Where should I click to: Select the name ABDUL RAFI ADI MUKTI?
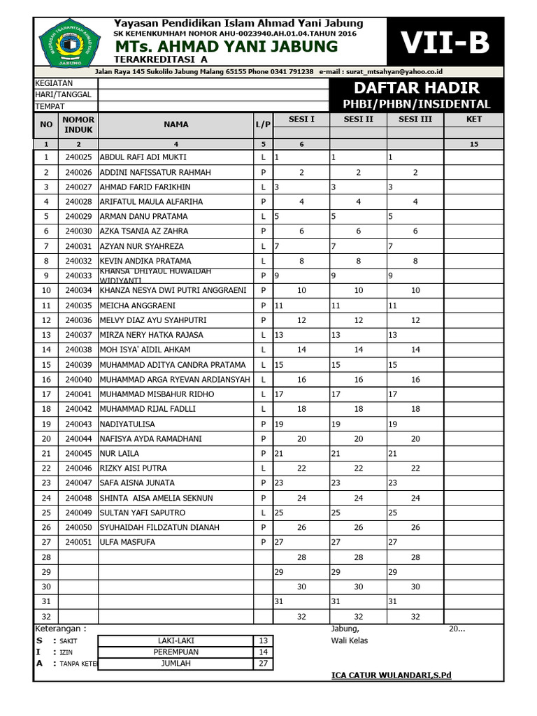pyautogui.click(x=143, y=157)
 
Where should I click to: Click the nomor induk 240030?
pyautogui.click(x=78, y=231)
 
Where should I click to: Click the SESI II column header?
pyautogui.click(x=358, y=120)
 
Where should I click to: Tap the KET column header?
pyautogui.click(x=473, y=120)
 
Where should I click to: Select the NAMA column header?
pyautogui.click(x=176, y=124)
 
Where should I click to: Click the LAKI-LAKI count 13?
pyautogui.click(x=264, y=640)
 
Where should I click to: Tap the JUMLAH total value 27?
pyautogui.click(x=264, y=664)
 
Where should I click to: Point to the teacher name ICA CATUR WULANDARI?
pyautogui.click(x=392, y=675)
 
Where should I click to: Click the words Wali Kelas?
pyautogui.click(x=349, y=640)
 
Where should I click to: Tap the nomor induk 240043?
pyautogui.click(x=78, y=424)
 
